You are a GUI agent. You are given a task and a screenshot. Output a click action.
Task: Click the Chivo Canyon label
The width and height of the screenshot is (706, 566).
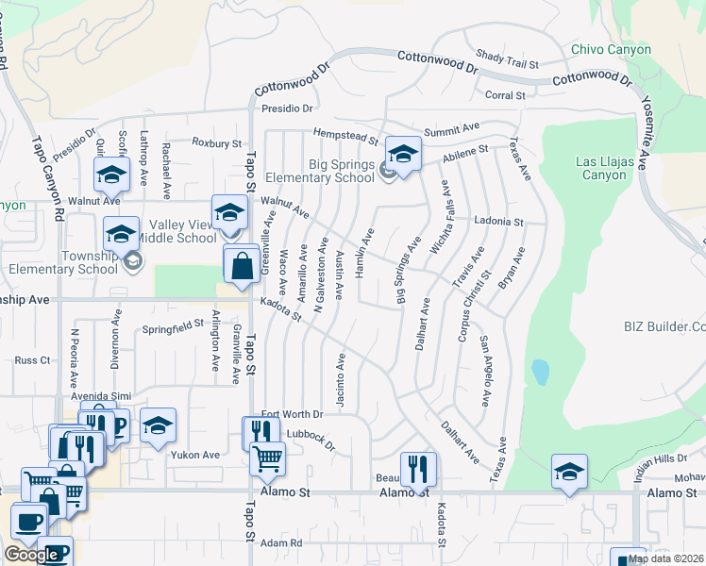click(x=612, y=49)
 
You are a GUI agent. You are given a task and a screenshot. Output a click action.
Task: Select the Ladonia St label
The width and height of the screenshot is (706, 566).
click(x=498, y=222)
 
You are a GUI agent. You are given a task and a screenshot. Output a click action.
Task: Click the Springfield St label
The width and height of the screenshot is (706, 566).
click(x=174, y=326)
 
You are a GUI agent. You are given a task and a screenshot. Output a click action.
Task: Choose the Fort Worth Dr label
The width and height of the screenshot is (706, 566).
click(x=292, y=414)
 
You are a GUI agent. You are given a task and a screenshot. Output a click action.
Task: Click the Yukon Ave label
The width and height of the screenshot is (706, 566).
click(x=194, y=454)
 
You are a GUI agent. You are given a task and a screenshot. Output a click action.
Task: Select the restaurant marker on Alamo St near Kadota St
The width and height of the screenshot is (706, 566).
click(x=418, y=469)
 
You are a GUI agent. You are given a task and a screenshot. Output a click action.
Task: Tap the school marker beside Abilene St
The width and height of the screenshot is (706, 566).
click(x=403, y=154)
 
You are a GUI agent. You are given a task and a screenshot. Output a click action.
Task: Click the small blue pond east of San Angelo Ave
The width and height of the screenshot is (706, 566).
click(x=540, y=372)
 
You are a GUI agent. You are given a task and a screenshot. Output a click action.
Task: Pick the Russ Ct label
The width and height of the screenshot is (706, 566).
click(x=32, y=360)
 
